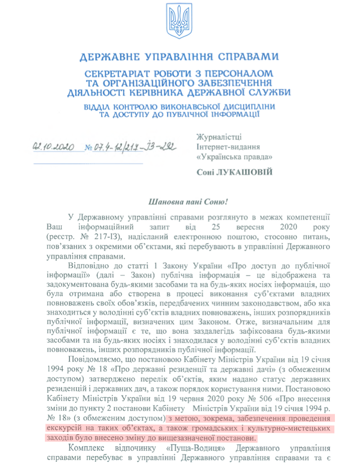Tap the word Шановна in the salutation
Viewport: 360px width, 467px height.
pos(153,201)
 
